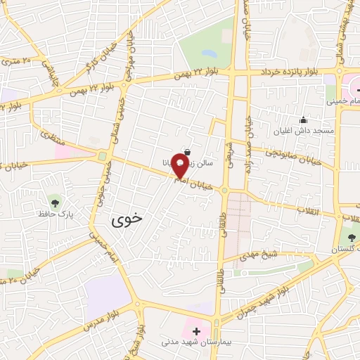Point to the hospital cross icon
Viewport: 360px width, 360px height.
click(196, 330)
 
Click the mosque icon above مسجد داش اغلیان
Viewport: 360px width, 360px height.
click(303, 120)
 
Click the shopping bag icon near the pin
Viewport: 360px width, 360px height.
click(186, 151)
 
